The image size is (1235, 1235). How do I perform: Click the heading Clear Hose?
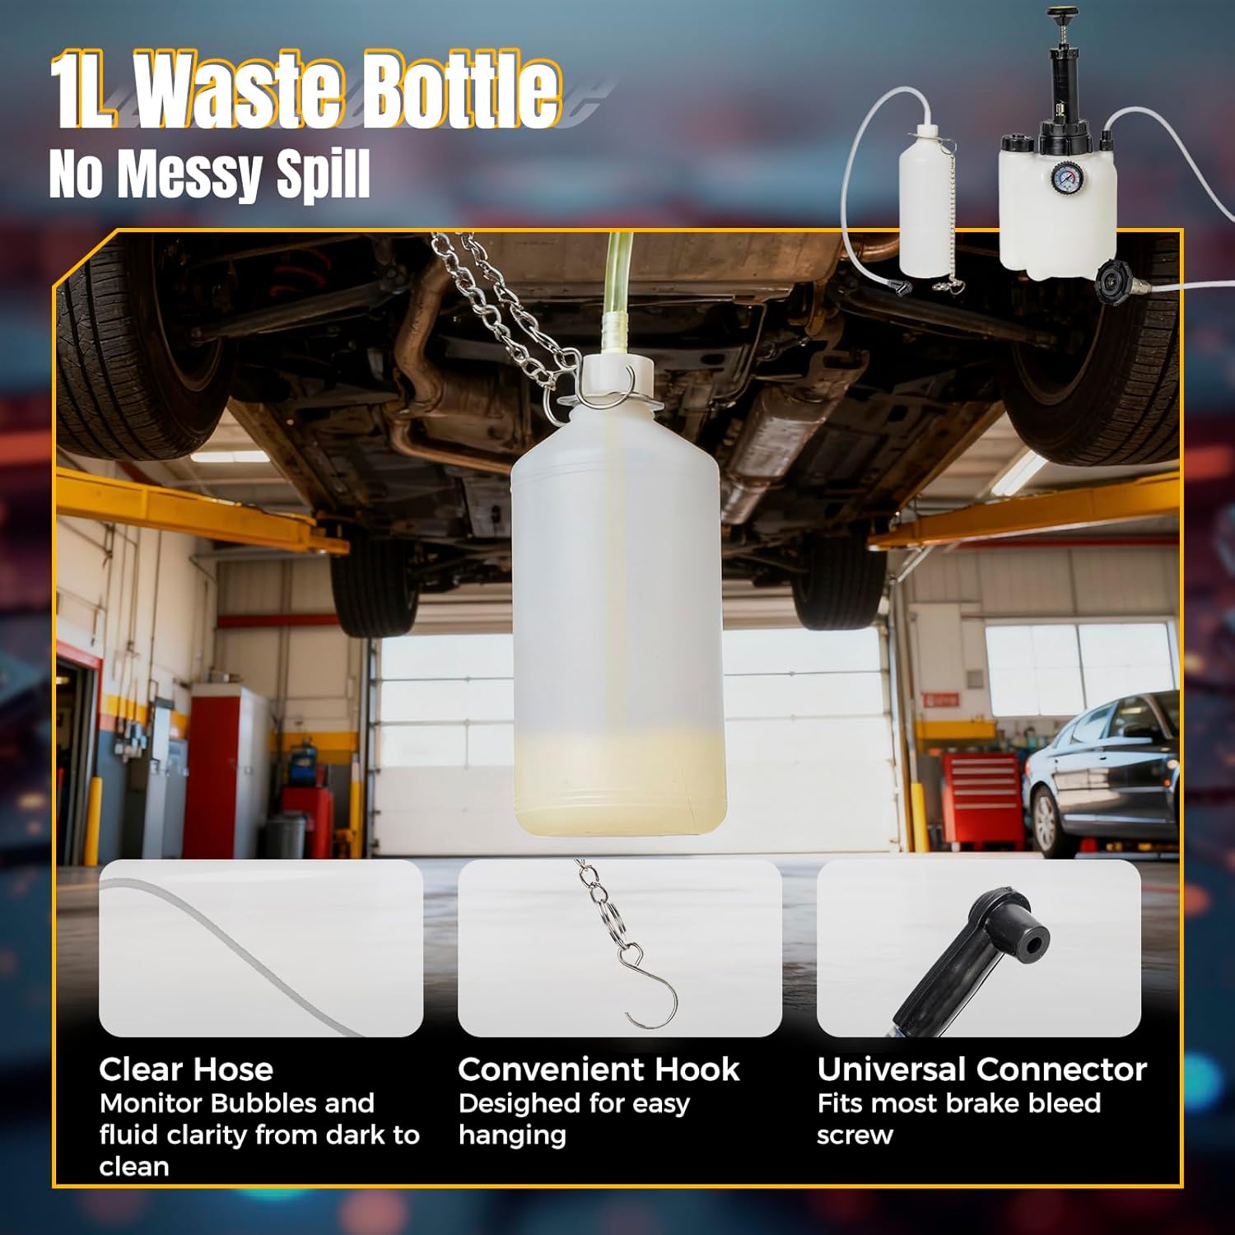pos(186,1070)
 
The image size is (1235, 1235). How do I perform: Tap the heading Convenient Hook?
pos(599,1070)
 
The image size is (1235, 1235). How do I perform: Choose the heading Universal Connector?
pos(981,1070)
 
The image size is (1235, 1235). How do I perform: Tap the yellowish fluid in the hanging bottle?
pos(617,782)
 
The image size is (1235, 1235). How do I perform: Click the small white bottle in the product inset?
pos(926,206)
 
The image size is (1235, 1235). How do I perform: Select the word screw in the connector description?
pos(855,1135)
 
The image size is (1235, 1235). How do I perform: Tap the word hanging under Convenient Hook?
pos(512,1135)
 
